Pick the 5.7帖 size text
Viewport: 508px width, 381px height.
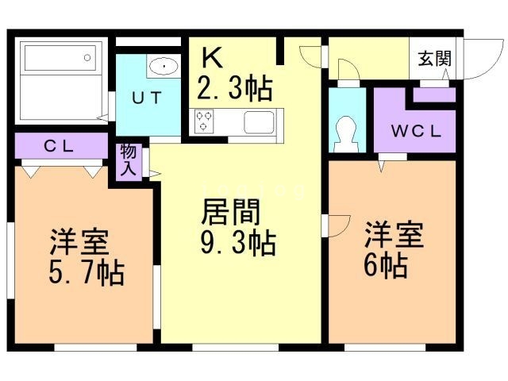tap(83, 273)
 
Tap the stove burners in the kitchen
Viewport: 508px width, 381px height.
tap(204, 121)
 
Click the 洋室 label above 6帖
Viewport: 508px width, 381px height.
tap(393, 235)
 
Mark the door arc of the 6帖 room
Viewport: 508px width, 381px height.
tap(337, 225)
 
